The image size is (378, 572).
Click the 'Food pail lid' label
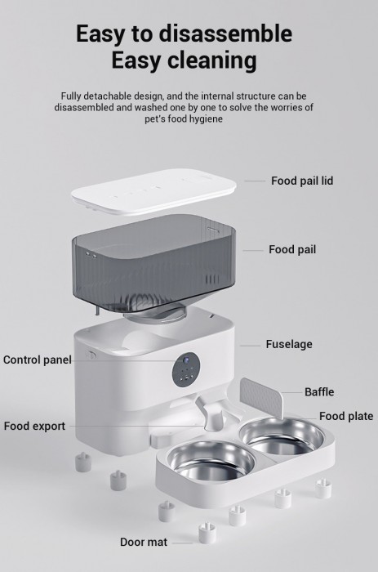[302, 181]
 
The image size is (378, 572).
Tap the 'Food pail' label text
[292, 249]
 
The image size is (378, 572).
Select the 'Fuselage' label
[289, 344]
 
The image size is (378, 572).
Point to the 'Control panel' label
[38, 360]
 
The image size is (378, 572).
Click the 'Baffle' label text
[319, 391]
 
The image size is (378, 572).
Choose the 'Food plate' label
[346, 416]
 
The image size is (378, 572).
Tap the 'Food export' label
[34, 426]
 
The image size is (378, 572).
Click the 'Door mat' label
[144, 542]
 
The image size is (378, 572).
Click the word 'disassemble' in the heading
[225, 34]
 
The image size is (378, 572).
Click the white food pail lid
[153, 191]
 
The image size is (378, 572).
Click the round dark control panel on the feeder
[186, 371]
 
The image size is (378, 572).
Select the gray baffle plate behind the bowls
[262, 398]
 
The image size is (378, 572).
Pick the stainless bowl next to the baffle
[282, 436]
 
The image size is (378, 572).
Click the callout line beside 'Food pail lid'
[255, 181]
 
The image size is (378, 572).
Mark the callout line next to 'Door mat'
[182, 543]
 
